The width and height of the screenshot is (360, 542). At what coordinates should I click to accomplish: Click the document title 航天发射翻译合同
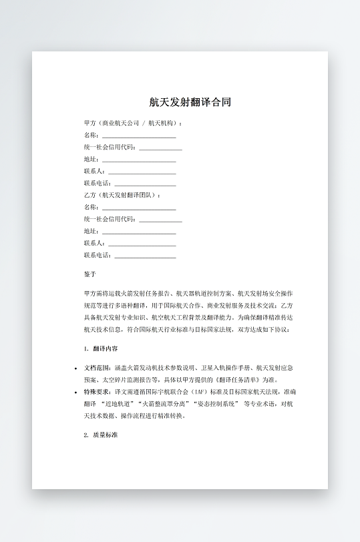click(x=190, y=103)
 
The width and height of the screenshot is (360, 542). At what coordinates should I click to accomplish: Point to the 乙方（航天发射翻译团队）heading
click(x=122, y=195)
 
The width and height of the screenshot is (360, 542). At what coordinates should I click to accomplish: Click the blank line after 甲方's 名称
click(x=139, y=135)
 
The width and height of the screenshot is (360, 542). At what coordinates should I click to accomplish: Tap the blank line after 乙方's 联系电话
click(x=145, y=256)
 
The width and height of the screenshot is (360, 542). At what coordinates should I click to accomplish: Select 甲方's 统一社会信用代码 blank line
click(x=160, y=148)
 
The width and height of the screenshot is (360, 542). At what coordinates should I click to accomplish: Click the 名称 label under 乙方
click(x=91, y=207)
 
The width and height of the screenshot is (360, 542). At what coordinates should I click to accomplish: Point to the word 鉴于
click(x=90, y=274)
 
